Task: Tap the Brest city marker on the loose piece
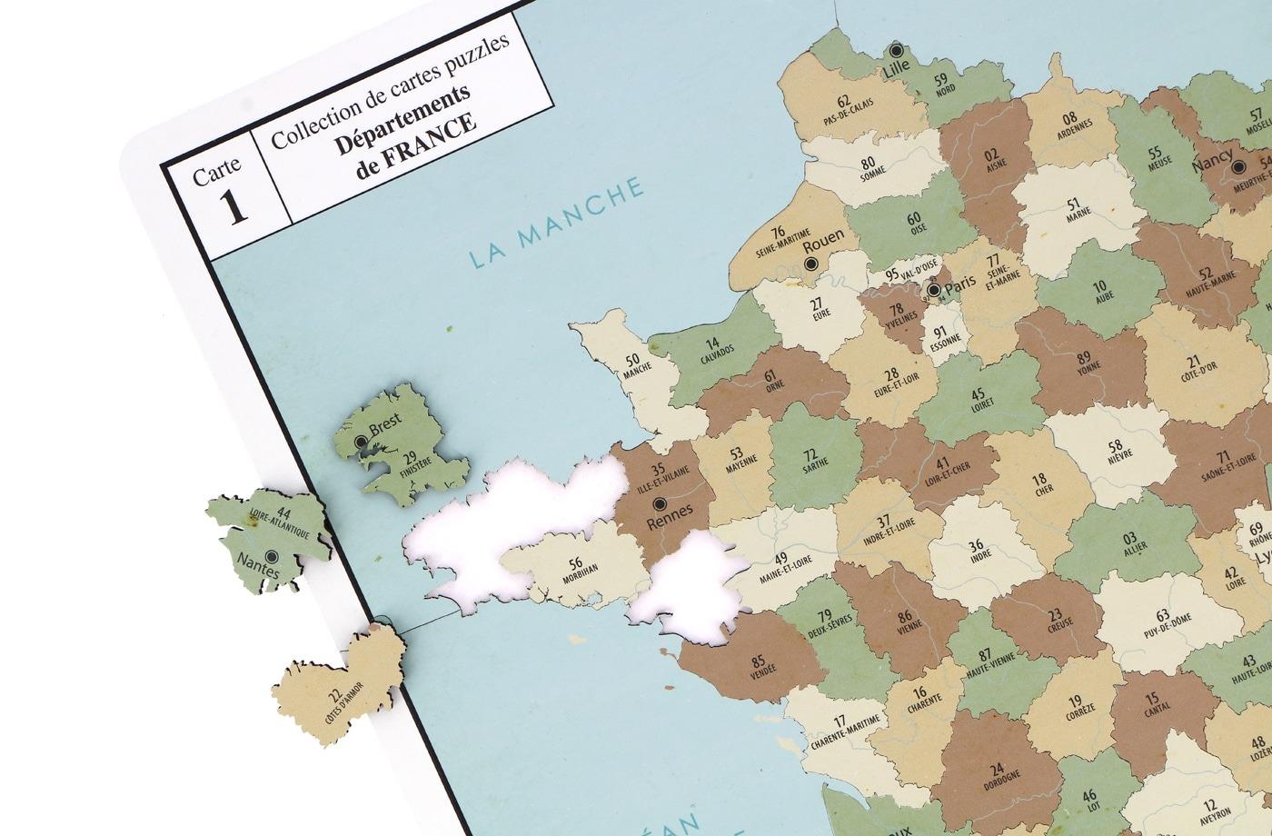click(x=362, y=442)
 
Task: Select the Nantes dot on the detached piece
click(x=271, y=556)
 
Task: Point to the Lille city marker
click(x=897, y=51)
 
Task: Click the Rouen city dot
click(x=810, y=264)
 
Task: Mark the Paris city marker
click(x=933, y=290)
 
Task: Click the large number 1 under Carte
click(x=234, y=205)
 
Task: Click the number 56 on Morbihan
click(x=576, y=563)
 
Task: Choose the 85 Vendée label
click(x=759, y=666)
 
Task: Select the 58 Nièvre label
click(x=1116, y=451)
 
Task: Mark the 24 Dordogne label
click(x=997, y=772)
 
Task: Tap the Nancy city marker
click(x=1237, y=166)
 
